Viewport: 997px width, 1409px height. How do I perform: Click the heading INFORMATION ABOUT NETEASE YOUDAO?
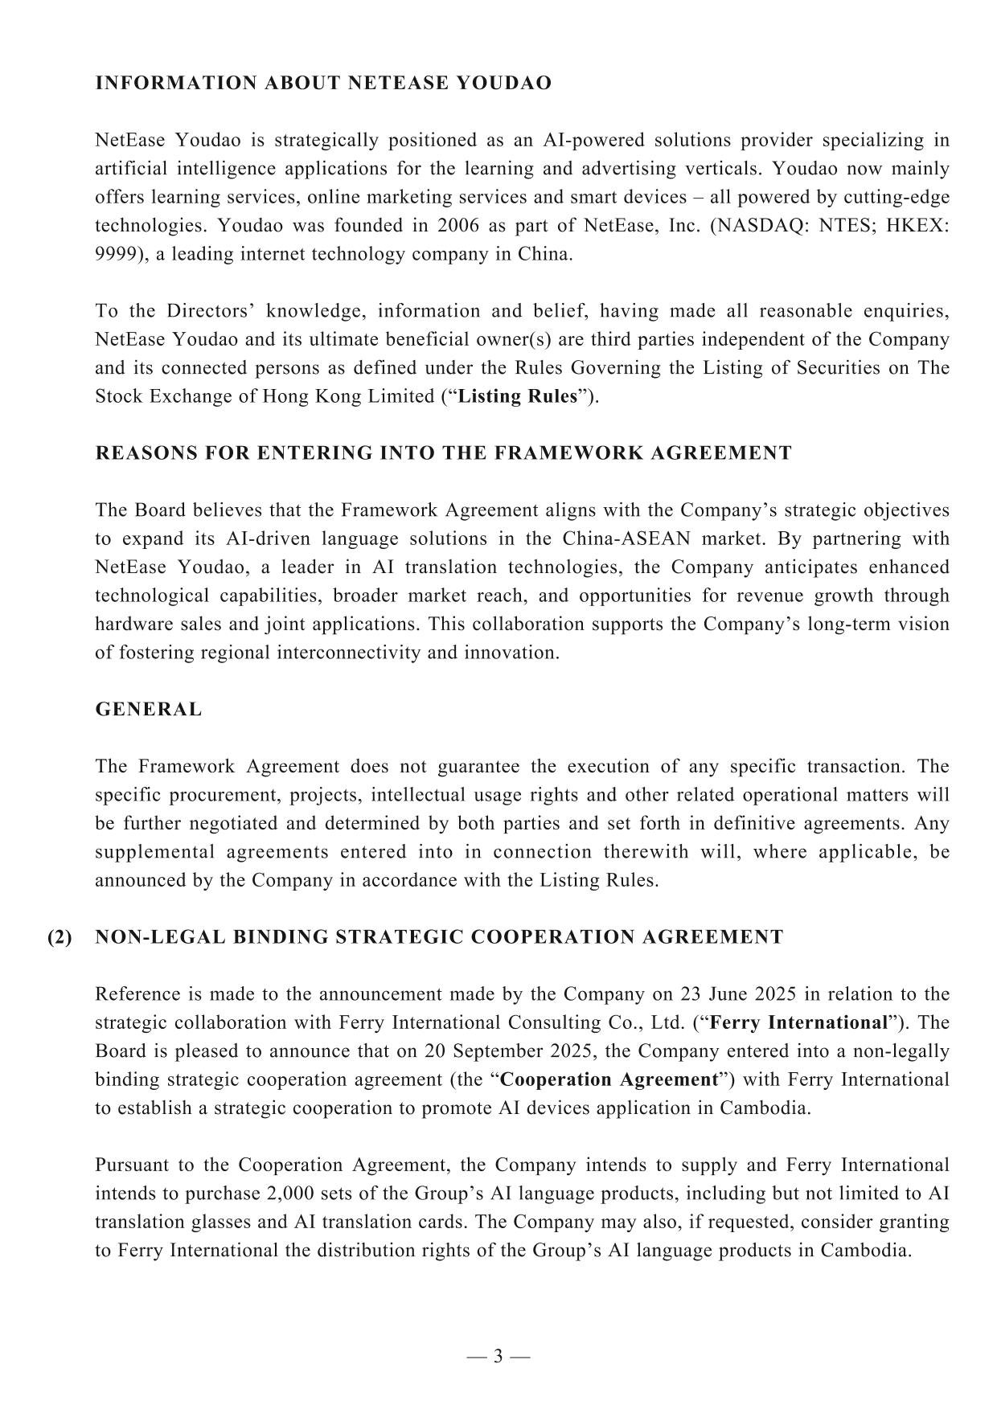tap(323, 84)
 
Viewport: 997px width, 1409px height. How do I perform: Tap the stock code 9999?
tap(114, 255)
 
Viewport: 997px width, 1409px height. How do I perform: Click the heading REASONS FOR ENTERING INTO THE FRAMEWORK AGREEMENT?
tap(443, 453)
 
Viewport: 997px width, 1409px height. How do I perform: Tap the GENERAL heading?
tap(149, 710)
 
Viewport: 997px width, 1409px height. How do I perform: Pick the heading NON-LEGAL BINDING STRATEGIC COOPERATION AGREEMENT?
tap(439, 937)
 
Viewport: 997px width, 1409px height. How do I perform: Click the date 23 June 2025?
tap(739, 994)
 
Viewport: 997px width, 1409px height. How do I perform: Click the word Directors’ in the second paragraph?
tap(211, 311)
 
